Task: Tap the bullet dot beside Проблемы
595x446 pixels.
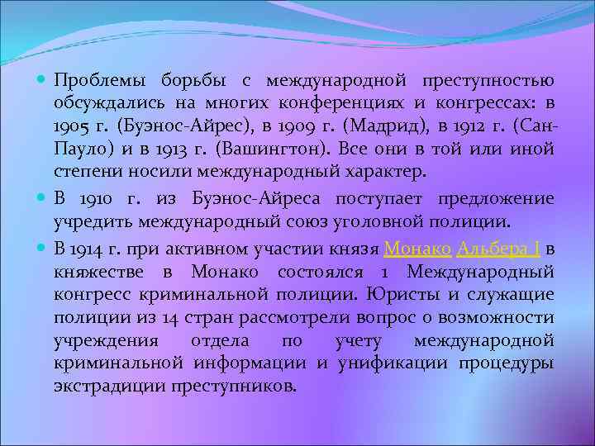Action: point(44,81)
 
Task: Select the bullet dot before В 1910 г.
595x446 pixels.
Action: point(44,198)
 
